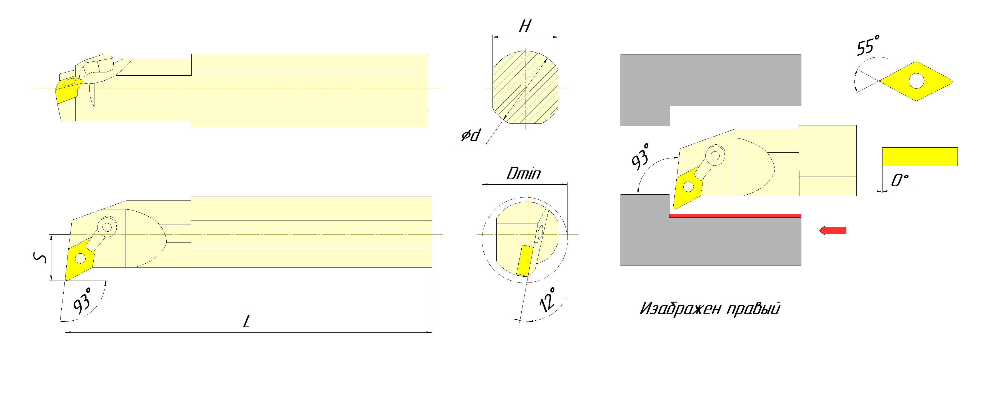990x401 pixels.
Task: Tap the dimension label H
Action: pos(525,26)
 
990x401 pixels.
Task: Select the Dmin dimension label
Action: pos(523,174)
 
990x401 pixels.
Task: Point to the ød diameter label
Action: pos(471,135)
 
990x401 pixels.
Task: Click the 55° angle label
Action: pos(868,45)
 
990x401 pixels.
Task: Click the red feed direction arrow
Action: pos(832,231)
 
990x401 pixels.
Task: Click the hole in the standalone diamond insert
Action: pos(917,81)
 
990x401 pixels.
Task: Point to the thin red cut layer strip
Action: pos(735,216)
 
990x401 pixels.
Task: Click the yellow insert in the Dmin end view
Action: pos(524,261)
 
